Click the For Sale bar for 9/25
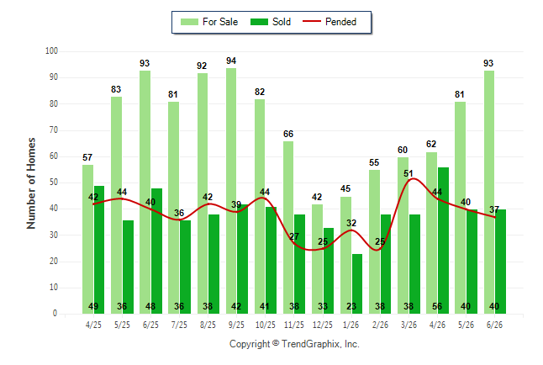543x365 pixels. [x=231, y=191]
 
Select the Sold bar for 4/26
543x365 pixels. [x=443, y=241]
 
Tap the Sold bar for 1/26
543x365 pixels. [x=357, y=284]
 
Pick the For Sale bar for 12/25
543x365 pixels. [x=317, y=259]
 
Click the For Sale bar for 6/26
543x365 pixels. [x=489, y=193]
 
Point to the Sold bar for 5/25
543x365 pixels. [x=128, y=267]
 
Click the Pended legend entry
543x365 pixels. [x=329, y=22]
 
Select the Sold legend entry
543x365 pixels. [x=271, y=22]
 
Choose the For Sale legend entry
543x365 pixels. [x=209, y=22]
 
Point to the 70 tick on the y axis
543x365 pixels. [x=53, y=130]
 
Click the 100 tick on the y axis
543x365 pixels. [x=51, y=51]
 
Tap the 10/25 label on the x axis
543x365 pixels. [x=266, y=325]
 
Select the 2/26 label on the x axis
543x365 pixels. [x=380, y=325]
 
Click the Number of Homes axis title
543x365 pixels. [x=31, y=183]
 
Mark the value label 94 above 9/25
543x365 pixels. [x=231, y=61]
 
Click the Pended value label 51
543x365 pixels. [x=409, y=173]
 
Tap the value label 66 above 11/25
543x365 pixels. [x=288, y=134]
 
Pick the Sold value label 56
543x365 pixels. [x=437, y=306]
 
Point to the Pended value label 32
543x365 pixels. [x=351, y=223]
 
